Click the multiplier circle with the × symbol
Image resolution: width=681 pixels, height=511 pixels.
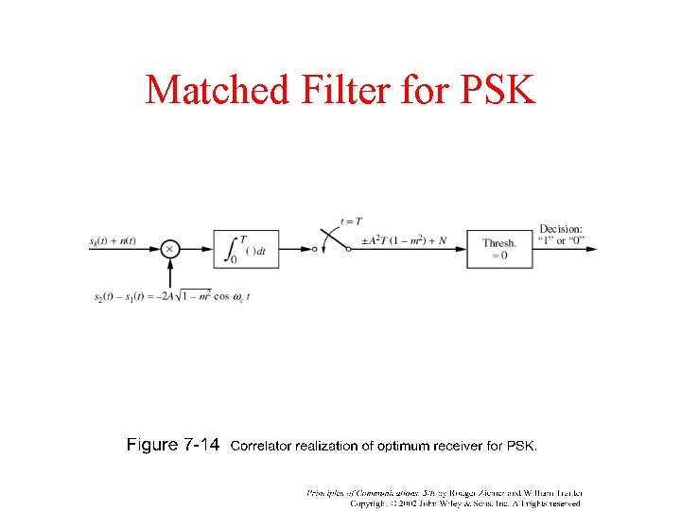click(169, 249)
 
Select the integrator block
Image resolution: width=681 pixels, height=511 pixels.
click(246, 249)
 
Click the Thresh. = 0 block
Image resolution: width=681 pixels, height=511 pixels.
click(499, 249)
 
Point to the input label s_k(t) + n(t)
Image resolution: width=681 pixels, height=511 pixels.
click(113, 240)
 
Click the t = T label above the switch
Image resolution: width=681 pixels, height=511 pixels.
click(350, 220)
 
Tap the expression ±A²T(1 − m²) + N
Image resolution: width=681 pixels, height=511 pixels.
click(404, 240)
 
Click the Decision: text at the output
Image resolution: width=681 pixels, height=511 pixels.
click(561, 228)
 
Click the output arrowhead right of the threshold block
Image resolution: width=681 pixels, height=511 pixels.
click(591, 249)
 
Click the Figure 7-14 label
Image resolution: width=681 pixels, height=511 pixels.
click(173, 445)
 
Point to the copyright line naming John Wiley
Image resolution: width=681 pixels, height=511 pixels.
click(465, 503)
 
